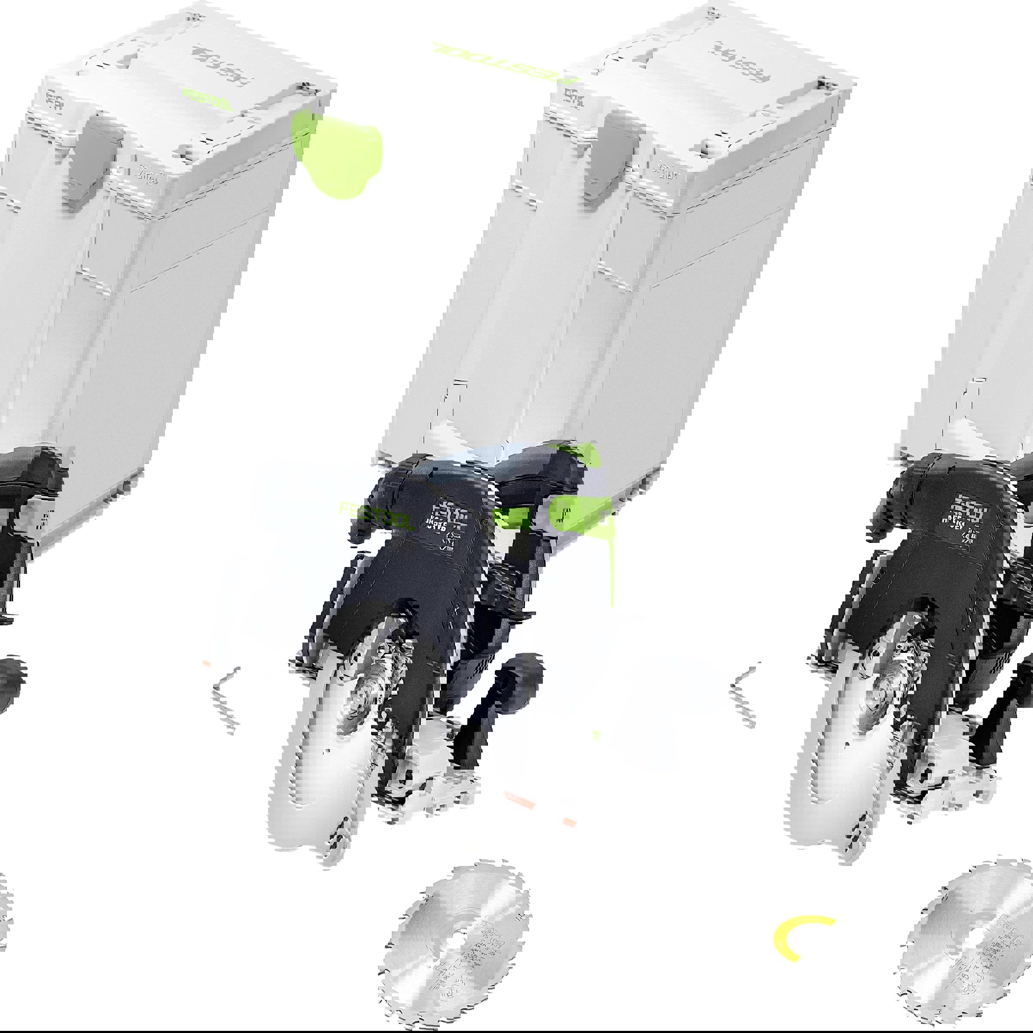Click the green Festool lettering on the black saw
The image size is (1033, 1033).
pyautogui.click(x=378, y=515)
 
